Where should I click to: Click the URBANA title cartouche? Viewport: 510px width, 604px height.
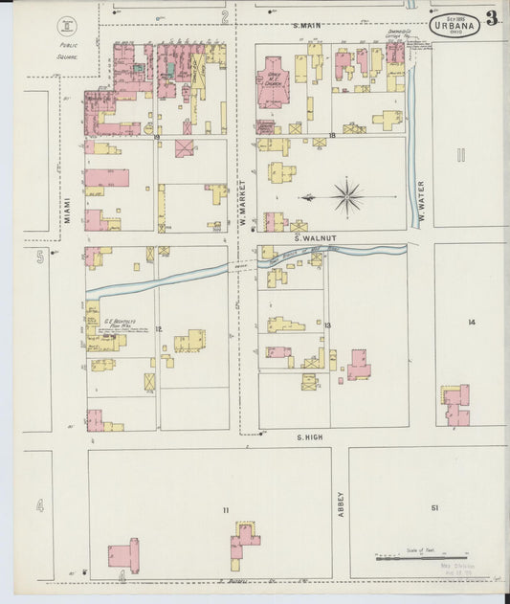(x=455, y=25)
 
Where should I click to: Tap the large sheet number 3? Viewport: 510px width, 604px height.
(x=492, y=19)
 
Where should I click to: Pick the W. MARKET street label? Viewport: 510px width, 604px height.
(x=242, y=201)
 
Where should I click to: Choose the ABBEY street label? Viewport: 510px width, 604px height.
(x=340, y=505)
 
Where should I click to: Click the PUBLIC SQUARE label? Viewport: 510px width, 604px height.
(x=68, y=50)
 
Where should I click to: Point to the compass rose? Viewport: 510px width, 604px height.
(x=348, y=197)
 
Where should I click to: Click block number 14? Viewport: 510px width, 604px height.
(x=471, y=322)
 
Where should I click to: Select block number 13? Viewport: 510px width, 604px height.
(x=327, y=325)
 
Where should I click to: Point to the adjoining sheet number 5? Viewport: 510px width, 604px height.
(x=40, y=257)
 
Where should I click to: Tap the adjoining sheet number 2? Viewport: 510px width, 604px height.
(x=224, y=15)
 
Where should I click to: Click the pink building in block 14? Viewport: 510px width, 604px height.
(x=456, y=404)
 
